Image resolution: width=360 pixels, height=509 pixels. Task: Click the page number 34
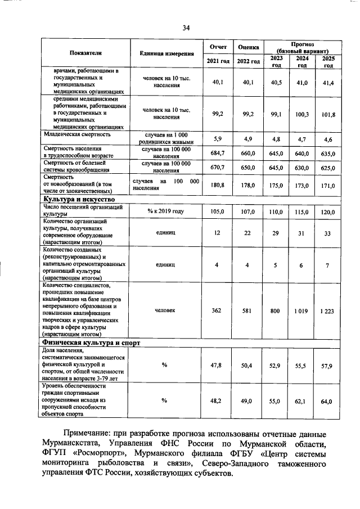pos(186,28)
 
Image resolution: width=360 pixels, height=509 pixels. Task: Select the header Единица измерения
pos(166,53)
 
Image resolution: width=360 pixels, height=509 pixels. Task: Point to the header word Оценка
pos(248,47)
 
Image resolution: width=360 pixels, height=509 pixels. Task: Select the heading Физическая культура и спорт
pos(88,342)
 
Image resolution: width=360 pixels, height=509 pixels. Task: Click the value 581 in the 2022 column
pos(248,310)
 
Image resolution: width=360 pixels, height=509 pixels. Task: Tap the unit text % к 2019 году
pos(166,211)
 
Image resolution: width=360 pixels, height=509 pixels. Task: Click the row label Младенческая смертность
pos(77,135)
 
